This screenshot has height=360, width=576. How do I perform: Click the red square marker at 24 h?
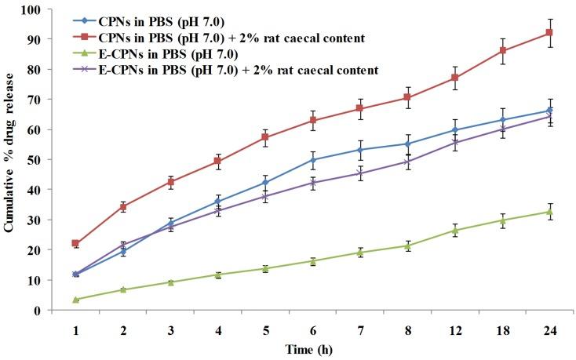(549, 33)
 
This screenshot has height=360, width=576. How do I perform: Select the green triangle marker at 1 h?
(75, 300)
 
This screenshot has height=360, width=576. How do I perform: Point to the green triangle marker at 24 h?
(549, 212)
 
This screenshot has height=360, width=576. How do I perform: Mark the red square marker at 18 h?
(502, 51)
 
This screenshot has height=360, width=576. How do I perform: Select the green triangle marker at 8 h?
(407, 245)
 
